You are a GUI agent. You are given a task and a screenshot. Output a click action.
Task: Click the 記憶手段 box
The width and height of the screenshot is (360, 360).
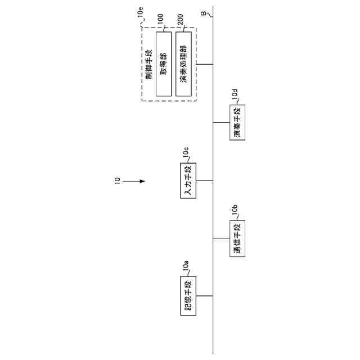coord(188,295)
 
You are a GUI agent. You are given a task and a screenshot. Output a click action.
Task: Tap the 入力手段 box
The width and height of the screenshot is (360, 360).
coord(188,181)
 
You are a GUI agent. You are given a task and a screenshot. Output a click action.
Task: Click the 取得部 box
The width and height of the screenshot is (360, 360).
coord(164,64)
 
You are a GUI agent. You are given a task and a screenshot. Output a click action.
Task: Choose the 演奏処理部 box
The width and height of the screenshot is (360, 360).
coord(183,64)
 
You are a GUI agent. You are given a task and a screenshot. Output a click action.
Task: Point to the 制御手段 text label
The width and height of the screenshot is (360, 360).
coord(148,64)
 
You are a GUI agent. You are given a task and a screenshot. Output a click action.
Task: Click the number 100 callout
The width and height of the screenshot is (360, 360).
coord(160,22)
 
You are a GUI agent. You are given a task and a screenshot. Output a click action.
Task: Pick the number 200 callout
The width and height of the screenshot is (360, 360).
coord(180,22)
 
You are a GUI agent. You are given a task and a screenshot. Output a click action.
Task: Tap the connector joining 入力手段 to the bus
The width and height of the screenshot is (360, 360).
coord(205,181)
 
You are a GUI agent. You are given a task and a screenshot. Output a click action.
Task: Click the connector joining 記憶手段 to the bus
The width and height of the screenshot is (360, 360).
coord(205,295)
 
